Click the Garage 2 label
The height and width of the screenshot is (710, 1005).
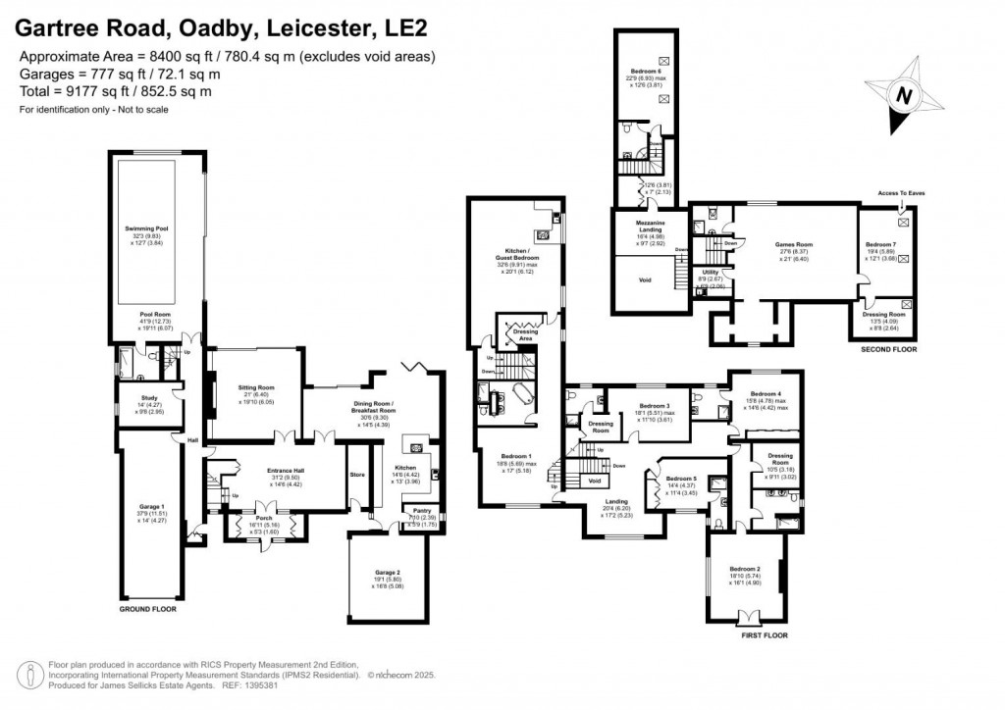click(386, 572)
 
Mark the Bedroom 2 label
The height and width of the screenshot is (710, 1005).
click(745, 568)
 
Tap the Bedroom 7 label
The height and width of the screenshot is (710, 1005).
click(880, 244)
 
